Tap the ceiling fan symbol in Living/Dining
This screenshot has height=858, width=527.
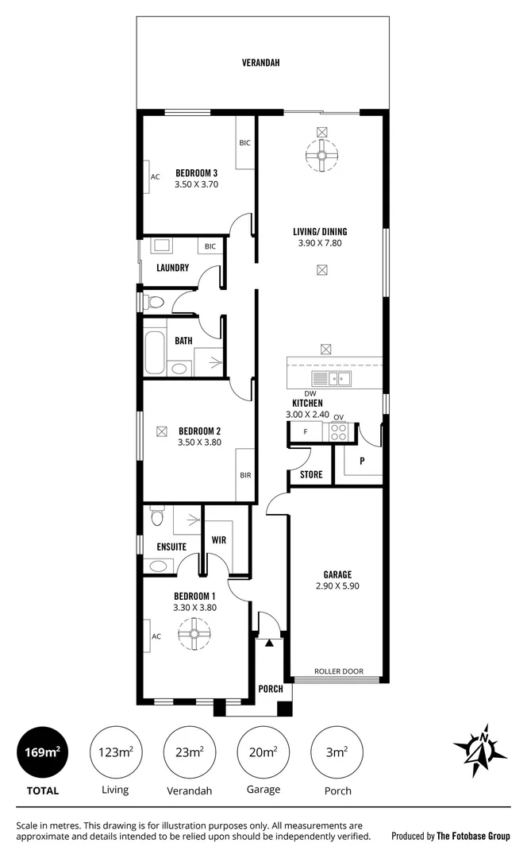click(x=321, y=157)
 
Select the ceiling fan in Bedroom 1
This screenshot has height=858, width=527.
click(x=192, y=635)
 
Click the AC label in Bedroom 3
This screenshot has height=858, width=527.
click(x=156, y=177)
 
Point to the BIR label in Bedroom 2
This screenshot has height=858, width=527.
click(x=245, y=475)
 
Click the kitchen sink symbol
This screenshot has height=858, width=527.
click(x=332, y=379)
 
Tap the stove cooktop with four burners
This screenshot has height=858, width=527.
click(x=338, y=432)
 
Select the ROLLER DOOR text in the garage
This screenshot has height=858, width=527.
click(x=339, y=671)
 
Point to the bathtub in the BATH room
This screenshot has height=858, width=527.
click(x=155, y=353)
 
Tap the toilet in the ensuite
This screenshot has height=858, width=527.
click(x=156, y=520)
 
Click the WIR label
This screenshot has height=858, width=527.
click(x=219, y=540)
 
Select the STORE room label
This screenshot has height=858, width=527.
click(x=310, y=476)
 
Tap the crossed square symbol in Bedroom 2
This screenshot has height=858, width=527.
click(x=162, y=431)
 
